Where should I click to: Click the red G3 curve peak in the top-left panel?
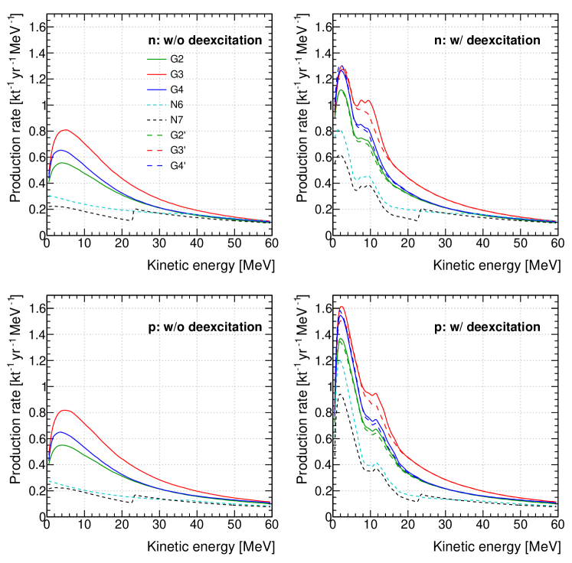(65, 129)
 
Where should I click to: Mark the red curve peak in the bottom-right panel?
(342, 307)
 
